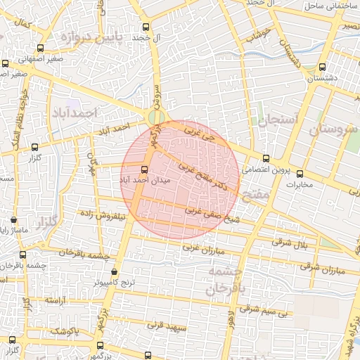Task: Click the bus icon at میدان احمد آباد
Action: tap(145, 169)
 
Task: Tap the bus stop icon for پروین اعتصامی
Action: tap(265, 157)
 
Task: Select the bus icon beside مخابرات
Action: tap(300, 174)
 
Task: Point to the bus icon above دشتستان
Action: tap(322, 67)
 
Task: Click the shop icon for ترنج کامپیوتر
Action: tap(115, 271)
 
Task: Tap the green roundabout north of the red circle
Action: tap(157, 117)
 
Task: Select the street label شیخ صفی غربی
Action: tap(206, 213)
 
